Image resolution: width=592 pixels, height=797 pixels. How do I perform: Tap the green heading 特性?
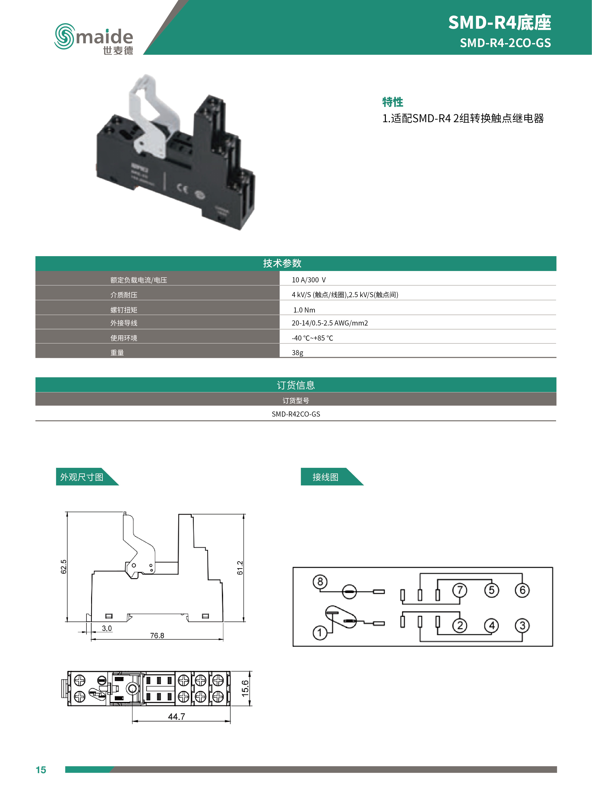[x=392, y=102]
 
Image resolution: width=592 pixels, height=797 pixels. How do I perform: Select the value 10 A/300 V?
[x=309, y=280]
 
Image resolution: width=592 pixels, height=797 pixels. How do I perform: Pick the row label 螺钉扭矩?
[x=124, y=310]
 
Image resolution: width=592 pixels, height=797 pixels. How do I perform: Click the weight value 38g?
[x=298, y=352]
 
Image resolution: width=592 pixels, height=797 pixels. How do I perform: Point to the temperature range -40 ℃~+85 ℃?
[x=312, y=338]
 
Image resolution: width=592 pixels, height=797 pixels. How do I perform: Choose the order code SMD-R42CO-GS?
[x=296, y=414]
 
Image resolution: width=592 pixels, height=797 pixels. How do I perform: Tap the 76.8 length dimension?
[x=157, y=635]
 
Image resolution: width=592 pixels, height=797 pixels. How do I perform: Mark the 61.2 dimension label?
[x=240, y=568]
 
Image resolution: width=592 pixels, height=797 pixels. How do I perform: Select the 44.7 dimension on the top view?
[x=176, y=716]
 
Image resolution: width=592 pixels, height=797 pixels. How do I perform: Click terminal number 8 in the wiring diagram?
[x=320, y=581]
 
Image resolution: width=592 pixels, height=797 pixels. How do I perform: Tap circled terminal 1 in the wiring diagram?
[x=320, y=633]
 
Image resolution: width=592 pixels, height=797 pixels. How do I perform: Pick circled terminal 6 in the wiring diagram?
[x=522, y=590]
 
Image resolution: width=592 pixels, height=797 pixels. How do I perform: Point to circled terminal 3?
[x=522, y=625]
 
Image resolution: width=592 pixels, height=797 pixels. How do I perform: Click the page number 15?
[x=41, y=770]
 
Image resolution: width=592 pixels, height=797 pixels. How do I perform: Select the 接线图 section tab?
[x=325, y=477]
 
